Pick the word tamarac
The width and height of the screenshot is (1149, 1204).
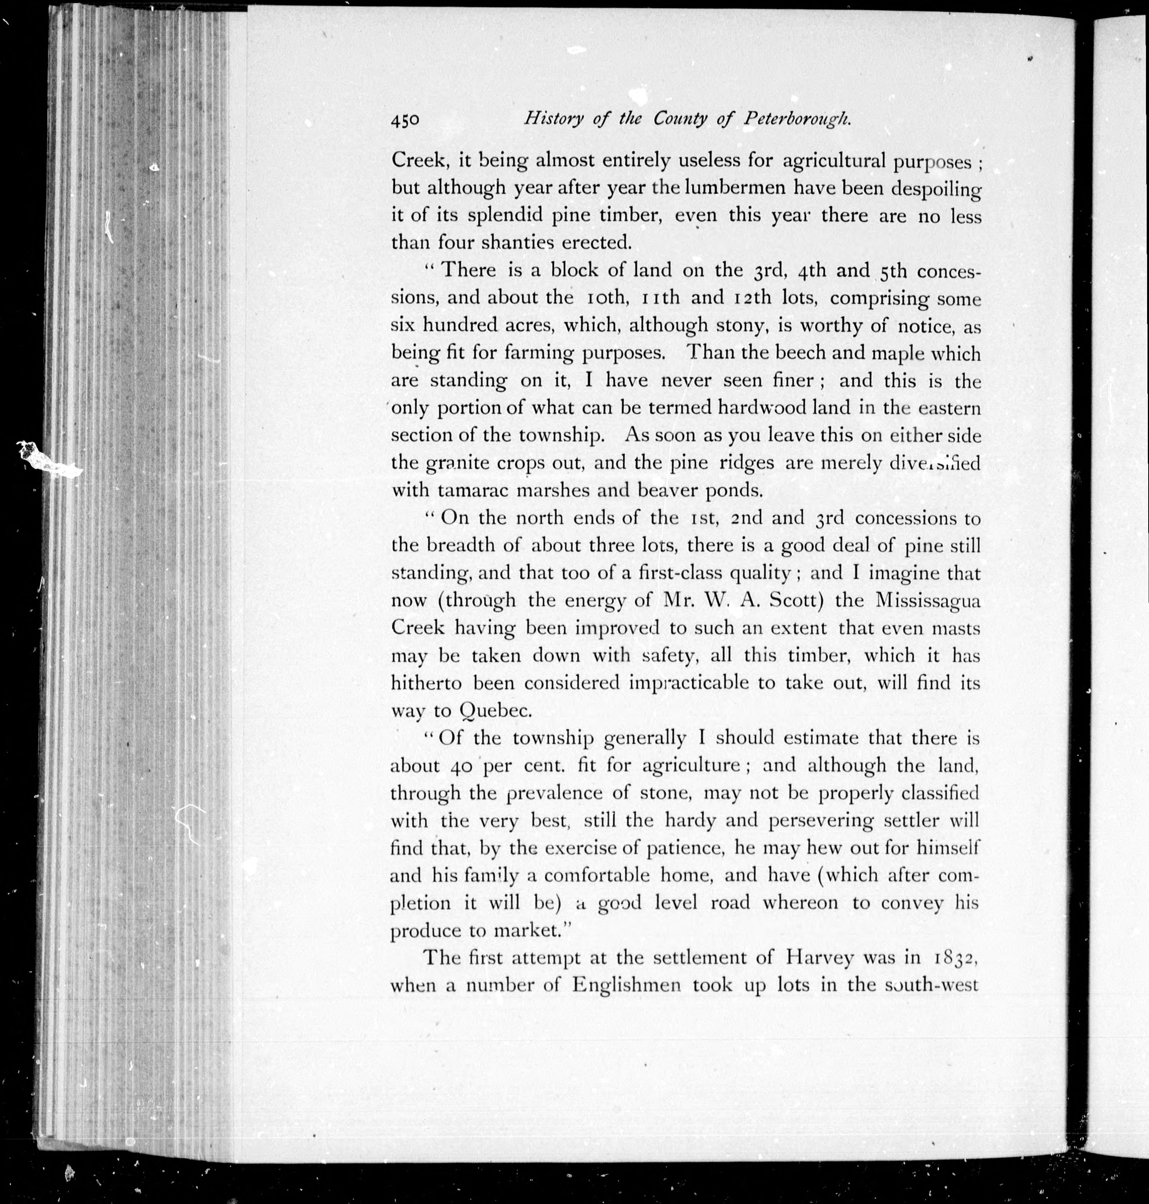(x=473, y=490)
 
